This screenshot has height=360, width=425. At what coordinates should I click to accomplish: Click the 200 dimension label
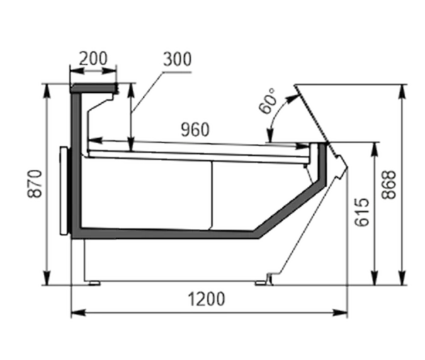(x=93, y=58)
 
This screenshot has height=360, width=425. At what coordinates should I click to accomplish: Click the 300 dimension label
(x=177, y=59)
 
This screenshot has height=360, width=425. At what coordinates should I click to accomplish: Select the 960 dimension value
(x=195, y=130)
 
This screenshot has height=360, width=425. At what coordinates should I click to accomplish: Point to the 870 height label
(x=35, y=184)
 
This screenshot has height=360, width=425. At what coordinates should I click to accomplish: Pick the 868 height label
(x=388, y=185)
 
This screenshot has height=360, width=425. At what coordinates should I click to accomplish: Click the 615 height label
(x=363, y=212)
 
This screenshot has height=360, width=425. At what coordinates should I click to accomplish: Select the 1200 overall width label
(x=207, y=299)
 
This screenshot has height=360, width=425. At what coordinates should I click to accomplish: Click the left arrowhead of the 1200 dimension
(x=78, y=313)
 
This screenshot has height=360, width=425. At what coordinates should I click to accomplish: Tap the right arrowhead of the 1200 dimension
(x=340, y=313)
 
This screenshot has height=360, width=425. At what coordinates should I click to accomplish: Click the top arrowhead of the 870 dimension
(x=47, y=91)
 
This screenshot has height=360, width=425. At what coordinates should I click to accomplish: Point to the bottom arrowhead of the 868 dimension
(x=403, y=278)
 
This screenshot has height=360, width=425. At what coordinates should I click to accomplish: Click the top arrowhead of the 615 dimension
(x=375, y=150)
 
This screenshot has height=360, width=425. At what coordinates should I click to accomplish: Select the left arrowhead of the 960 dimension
(x=95, y=140)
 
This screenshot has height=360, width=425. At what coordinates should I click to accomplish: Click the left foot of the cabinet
(x=95, y=283)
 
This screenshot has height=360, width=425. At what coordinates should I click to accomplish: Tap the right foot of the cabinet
(x=261, y=283)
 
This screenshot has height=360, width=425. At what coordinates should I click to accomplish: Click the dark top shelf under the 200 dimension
(x=93, y=88)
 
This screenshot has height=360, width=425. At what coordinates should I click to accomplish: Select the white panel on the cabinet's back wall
(x=64, y=191)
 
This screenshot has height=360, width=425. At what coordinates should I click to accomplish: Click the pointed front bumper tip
(x=347, y=165)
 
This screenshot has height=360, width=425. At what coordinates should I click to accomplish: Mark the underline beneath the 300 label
(x=177, y=72)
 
